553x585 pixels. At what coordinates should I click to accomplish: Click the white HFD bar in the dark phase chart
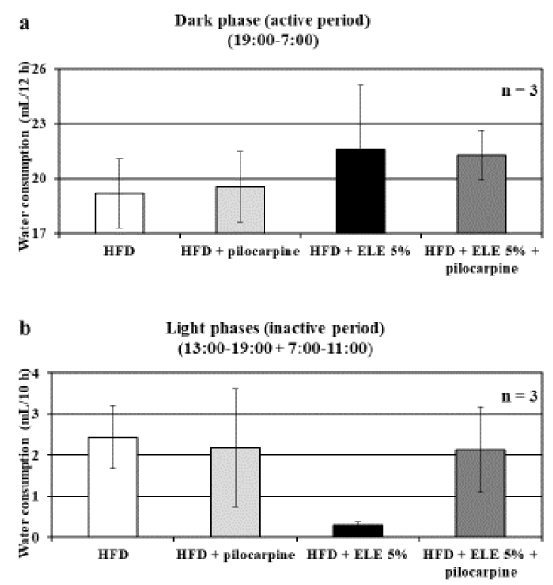click(x=119, y=213)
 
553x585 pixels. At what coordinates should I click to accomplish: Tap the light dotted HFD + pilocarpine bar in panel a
click(x=240, y=210)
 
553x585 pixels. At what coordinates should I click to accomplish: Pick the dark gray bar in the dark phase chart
click(x=480, y=193)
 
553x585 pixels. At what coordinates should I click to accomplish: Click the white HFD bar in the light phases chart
click(x=112, y=486)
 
